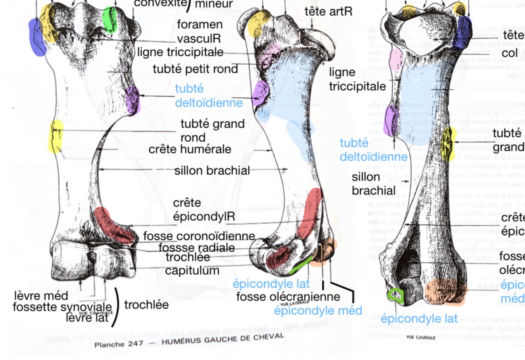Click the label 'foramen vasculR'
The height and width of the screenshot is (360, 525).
(x=200, y=31)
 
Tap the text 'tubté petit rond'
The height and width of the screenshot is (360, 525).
(x=196, y=69)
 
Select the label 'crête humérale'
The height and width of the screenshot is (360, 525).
(x=190, y=150)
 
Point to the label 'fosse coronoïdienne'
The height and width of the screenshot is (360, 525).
(x=199, y=236)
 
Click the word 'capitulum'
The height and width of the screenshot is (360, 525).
(x=192, y=271)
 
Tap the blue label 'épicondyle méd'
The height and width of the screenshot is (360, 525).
(x=318, y=310)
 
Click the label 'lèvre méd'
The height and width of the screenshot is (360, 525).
(x=41, y=295)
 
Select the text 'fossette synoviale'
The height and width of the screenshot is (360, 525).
(x=62, y=306)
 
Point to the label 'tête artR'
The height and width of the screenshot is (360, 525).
(x=328, y=11)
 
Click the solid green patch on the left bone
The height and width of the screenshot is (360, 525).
(x=110, y=19)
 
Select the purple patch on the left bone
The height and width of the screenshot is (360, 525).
(x=133, y=100)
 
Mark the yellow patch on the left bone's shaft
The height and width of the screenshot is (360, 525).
(x=55, y=136)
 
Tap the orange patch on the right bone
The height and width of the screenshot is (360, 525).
(x=446, y=292)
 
